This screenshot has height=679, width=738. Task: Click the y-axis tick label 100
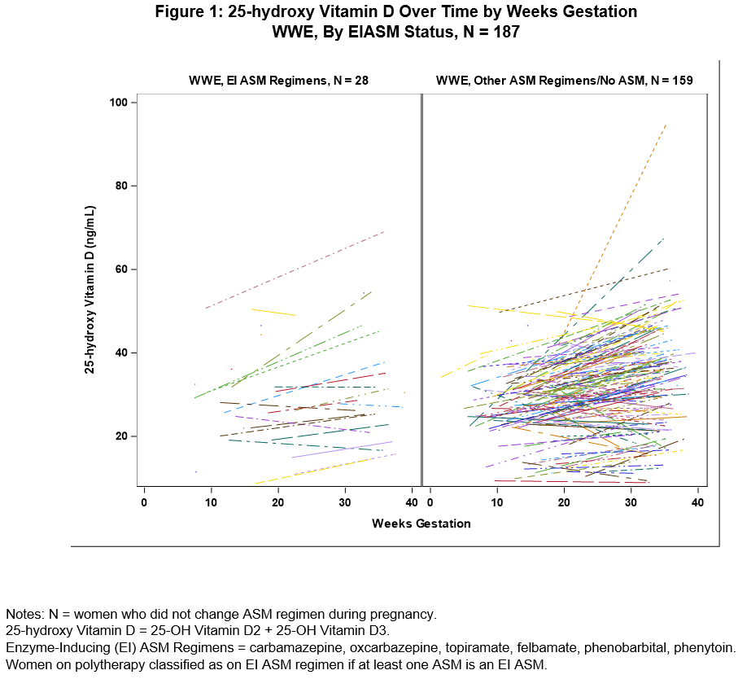(x=120, y=103)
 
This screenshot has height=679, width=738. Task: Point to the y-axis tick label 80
(x=123, y=186)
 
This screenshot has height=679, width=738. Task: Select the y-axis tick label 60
(x=123, y=269)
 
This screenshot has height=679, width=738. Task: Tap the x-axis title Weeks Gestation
(x=421, y=523)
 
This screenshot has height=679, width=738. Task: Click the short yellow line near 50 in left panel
(x=273, y=312)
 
